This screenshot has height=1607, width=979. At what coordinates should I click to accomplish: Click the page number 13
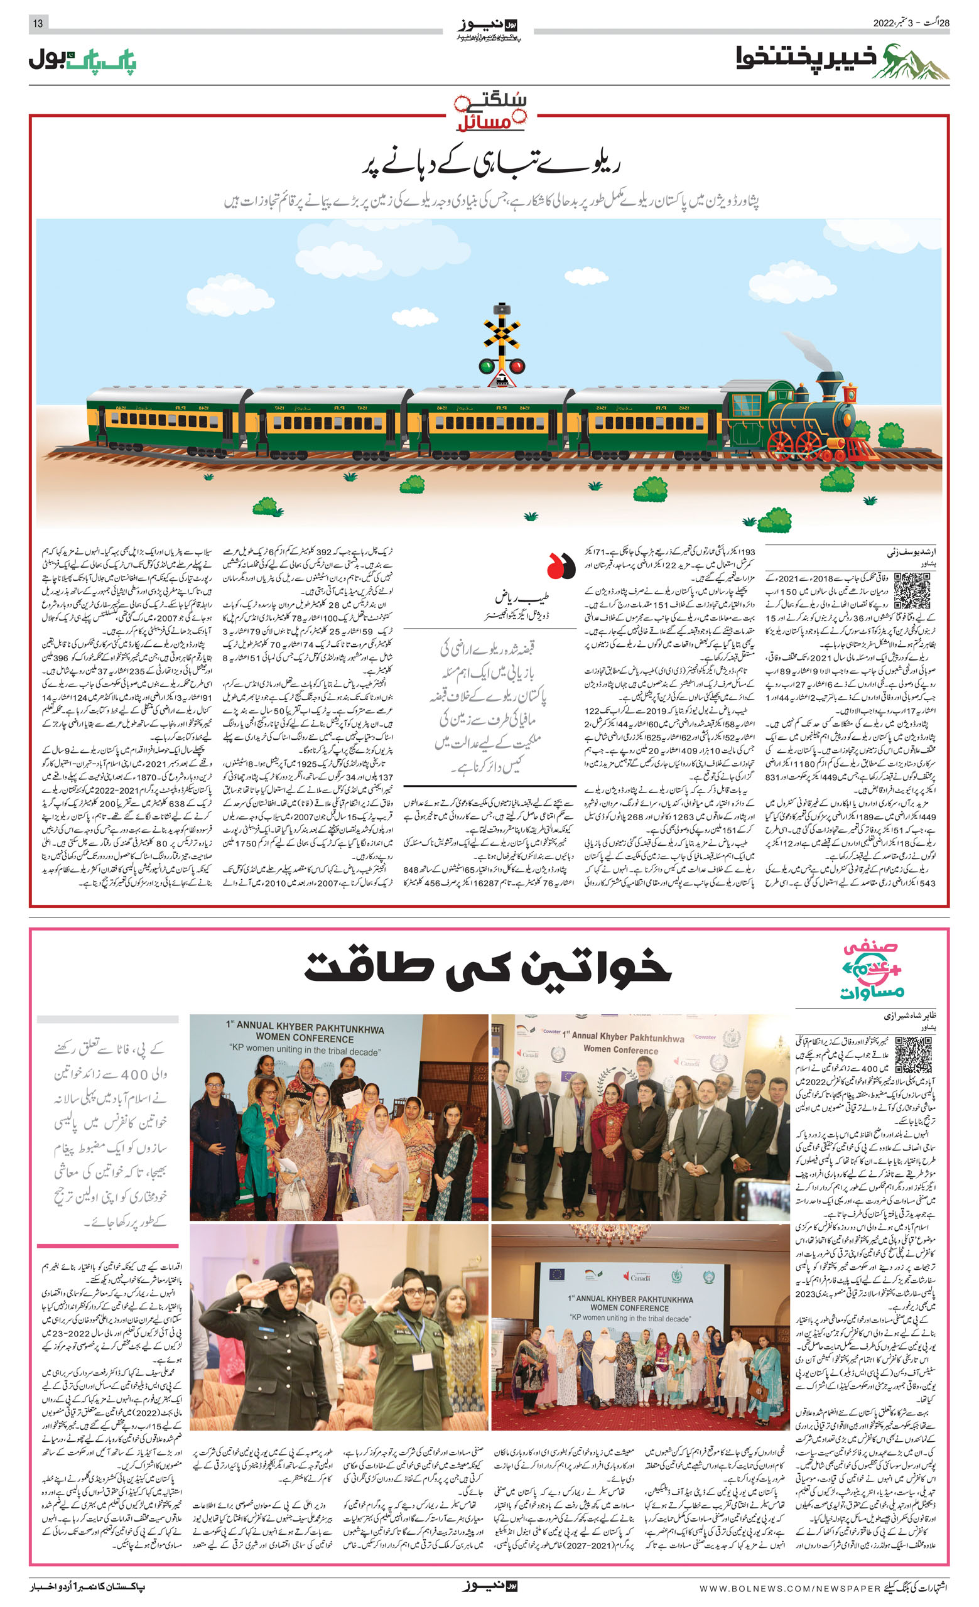pyautogui.click(x=38, y=23)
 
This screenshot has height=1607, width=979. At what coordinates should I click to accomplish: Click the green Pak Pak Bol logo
pyautogui.click(x=82, y=61)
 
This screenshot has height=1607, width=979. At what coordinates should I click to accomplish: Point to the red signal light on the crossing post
pyautogui.click(x=517, y=366)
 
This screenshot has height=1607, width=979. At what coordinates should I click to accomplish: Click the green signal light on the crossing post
pyautogui.click(x=486, y=366)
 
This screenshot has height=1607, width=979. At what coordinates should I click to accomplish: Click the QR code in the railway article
pyautogui.click(x=911, y=590)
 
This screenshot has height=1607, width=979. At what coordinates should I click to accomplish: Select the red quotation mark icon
pyautogui.click(x=560, y=566)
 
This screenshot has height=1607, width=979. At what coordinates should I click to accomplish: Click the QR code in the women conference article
pyautogui.click(x=912, y=1054)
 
